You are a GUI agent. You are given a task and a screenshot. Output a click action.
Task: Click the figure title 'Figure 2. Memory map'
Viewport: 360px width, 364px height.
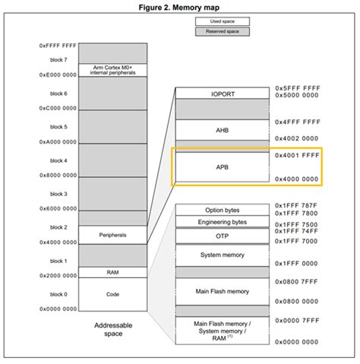click(180, 7)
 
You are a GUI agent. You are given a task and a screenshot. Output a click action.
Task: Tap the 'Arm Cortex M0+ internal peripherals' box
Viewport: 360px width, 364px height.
click(112, 70)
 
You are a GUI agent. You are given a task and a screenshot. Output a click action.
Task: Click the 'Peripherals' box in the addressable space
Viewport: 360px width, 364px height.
click(112, 236)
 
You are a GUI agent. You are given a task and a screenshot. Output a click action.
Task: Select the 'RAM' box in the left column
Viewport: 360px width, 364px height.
click(112, 271)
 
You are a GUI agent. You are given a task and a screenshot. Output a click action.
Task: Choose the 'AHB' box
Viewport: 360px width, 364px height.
click(223, 130)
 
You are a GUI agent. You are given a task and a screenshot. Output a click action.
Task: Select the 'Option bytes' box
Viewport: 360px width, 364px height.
click(223, 210)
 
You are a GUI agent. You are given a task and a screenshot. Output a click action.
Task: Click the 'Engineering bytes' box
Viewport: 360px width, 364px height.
click(223, 222)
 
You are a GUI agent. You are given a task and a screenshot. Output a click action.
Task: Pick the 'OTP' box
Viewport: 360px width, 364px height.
click(223, 236)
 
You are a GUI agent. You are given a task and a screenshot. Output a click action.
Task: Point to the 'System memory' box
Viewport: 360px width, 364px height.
click(223, 255)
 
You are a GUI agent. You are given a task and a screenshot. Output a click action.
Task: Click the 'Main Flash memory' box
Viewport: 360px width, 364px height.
click(223, 291)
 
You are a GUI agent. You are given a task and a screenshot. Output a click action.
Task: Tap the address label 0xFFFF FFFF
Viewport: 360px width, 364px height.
click(58, 46)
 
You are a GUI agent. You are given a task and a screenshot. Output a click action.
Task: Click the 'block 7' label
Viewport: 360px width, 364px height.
click(58, 59)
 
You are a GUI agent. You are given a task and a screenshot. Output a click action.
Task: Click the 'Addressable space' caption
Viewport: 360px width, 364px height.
click(112, 328)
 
